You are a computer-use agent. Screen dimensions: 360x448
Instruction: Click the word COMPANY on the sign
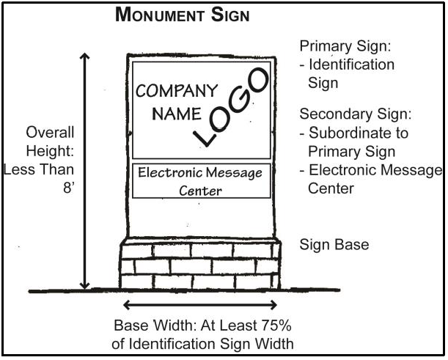click(x=177, y=91)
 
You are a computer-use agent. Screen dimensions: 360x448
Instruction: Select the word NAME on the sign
click(x=177, y=114)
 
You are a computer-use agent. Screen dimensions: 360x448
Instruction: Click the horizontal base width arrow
click(x=200, y=304)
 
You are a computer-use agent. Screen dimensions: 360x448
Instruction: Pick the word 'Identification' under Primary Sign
click(x=351, y=65)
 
